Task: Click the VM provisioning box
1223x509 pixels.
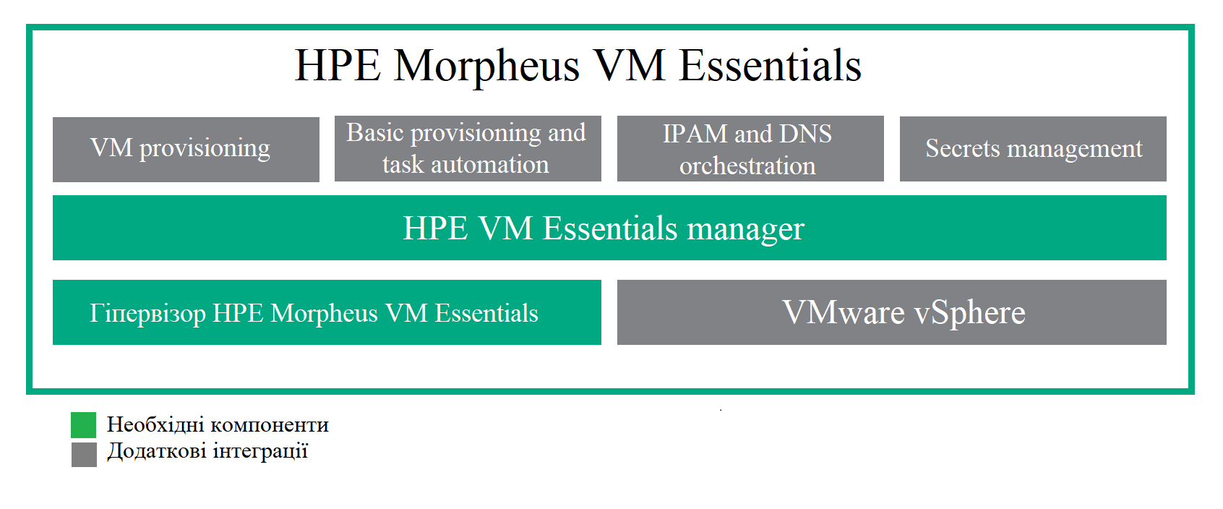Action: click(186, 149)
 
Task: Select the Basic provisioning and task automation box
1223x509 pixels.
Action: click(468, 148)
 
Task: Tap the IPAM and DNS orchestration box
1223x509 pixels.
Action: click(750, 148)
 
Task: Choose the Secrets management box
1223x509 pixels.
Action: click(1033, 148)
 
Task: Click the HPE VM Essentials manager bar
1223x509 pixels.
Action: click(609, 227)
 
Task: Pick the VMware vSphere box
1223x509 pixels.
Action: click(891, 312)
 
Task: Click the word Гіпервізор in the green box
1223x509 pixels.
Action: click(147, 314)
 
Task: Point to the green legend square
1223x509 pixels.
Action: click(84, 425)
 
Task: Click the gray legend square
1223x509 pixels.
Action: click(84, 454)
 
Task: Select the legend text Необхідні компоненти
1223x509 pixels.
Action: click(218, 424)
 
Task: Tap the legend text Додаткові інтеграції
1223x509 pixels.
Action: click(207, 451)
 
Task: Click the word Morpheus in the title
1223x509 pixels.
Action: click(486, 67)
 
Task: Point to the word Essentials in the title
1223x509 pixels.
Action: click(770, 66)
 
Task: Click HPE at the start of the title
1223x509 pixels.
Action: click(338, 66)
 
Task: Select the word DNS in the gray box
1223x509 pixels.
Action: click(805, 134)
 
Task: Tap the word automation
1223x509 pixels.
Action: click(490, 164)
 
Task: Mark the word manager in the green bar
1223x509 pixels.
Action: click(745, 229)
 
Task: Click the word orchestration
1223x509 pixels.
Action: click(747, 166)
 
